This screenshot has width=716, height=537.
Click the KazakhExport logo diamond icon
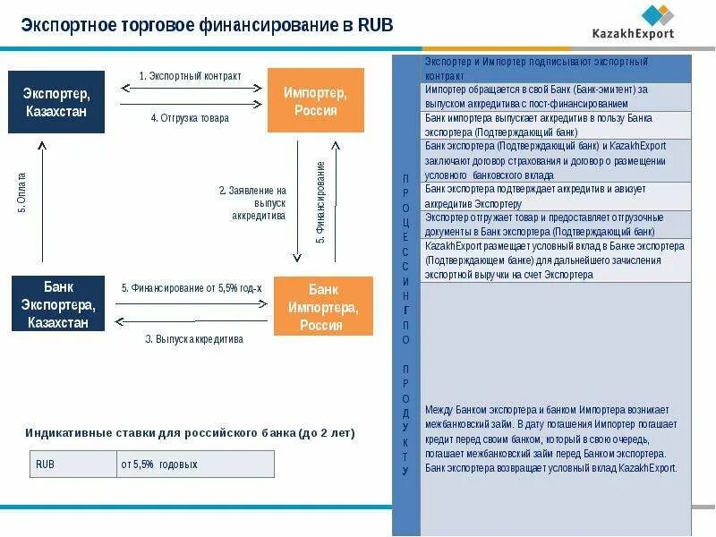[658, 15]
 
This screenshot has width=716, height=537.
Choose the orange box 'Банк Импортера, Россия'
[321, 305]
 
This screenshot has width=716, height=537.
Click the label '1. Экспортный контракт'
[190, 77]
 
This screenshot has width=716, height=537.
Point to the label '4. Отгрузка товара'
[189, 117]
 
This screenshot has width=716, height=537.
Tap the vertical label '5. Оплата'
[22, 192]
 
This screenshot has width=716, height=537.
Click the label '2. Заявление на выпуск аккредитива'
[253, 203]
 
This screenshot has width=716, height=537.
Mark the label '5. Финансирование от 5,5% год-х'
[192, 288]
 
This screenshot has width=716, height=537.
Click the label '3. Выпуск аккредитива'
[193, 339]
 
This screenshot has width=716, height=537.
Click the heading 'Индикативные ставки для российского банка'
[190, 433]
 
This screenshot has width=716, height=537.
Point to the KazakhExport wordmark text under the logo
[633, 35]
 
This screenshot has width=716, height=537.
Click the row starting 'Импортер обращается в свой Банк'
[555, 97]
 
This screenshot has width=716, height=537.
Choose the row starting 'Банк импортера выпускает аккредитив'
[555, 124]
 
